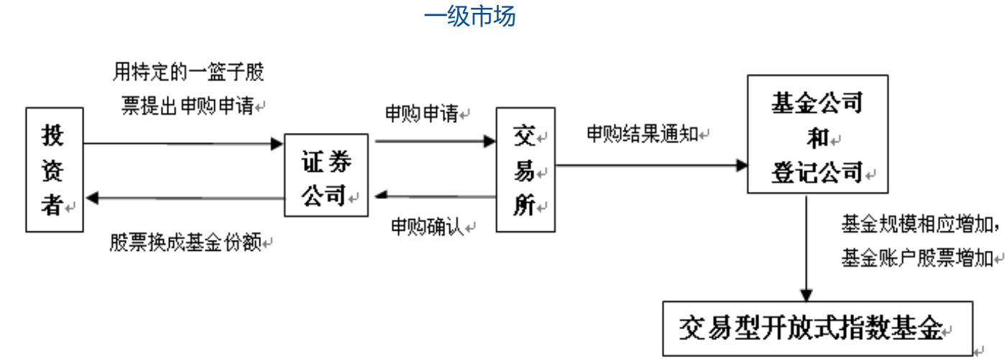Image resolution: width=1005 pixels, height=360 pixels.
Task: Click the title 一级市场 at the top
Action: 469,16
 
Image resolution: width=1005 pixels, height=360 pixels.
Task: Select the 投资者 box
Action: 54,170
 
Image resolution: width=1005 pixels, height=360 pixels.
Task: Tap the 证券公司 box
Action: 326,175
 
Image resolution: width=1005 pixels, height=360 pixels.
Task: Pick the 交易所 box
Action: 525,170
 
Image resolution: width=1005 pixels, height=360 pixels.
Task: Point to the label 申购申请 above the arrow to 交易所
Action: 421,114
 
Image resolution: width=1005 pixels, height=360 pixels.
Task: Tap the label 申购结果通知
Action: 642,134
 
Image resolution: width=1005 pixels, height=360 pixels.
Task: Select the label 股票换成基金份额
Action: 185,242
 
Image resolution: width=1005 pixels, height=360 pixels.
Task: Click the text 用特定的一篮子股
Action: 188,72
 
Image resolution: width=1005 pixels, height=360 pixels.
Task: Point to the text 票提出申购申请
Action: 188,106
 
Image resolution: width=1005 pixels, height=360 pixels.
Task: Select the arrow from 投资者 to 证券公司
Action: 183,144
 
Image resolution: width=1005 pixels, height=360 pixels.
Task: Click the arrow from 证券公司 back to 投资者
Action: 183,198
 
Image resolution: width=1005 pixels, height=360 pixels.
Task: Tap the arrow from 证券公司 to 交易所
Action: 435,142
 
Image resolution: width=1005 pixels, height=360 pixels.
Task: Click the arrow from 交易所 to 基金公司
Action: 651,166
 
